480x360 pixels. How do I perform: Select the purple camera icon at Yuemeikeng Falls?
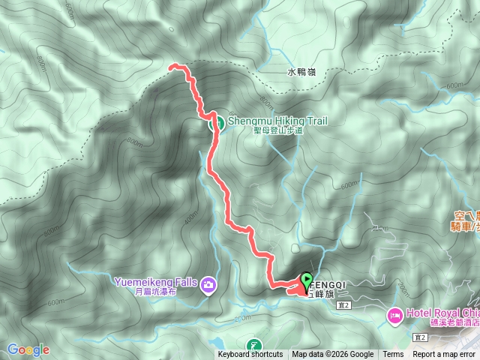coord(208,283)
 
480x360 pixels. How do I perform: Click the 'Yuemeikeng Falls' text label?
coord(155,282)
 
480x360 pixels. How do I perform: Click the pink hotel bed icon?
coord(394,316)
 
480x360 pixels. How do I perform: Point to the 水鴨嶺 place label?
coord(302,73)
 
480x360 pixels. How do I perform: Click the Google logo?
coord(28,349)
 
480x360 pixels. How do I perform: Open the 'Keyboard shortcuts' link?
coord(250,355)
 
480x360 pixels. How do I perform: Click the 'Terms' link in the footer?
coord(393,355)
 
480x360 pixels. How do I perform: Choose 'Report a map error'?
coord(444,355)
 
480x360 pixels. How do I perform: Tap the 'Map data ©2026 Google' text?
coord(333,355)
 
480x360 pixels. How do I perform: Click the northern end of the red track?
coord(172,66)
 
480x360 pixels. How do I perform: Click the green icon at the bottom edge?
coord(256,346)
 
